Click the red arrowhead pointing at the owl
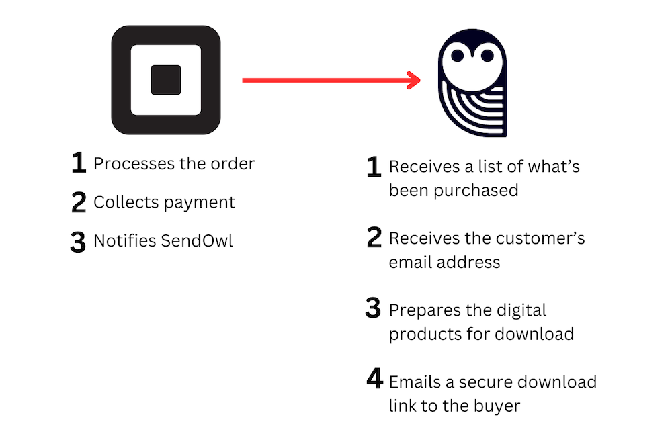[414, 80]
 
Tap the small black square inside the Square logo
[166, 80]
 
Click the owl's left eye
[457, 56]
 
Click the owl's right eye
[487, 56]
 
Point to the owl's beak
[472, 52]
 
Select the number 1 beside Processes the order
[79, 163]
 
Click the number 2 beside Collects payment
[79, 202]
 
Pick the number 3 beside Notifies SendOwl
[78, 242]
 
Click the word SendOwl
[197, 241]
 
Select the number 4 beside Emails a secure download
[374, 378]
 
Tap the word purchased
[476, 191]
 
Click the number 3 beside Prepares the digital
[373, 308]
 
